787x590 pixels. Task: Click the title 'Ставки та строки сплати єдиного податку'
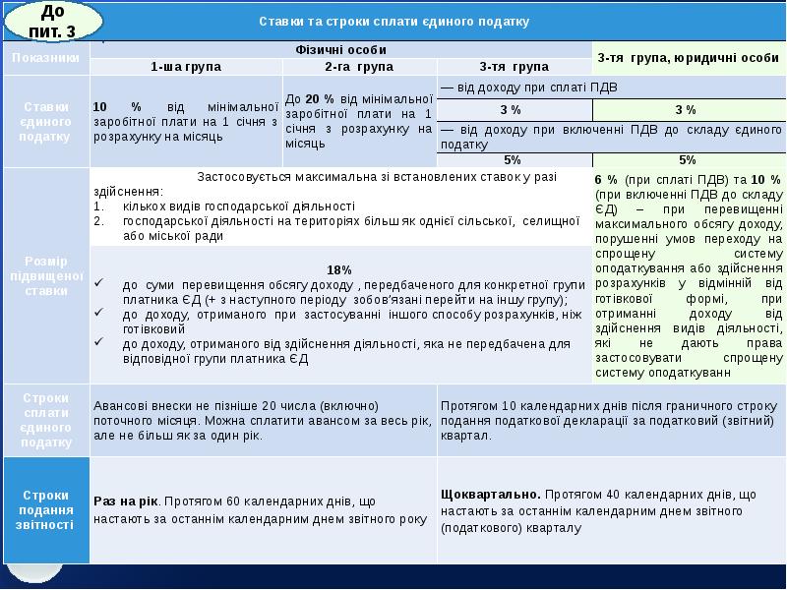[393, 21]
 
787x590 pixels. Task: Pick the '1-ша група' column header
[186, 67]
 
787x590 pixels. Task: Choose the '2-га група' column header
[358, 67]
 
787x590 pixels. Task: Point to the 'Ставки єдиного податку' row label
[45, 120]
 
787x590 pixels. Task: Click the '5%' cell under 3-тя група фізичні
[512, 159]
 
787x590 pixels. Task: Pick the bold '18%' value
[338, 269]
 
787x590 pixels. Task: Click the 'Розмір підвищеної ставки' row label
[45, 276]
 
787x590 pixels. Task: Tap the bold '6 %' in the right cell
[606, 180]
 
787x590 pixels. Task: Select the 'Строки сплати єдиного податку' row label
[45, 420]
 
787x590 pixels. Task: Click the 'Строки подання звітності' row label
[45, 509]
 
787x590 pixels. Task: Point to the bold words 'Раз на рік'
[125, 501]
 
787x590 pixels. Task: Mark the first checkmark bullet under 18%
[100, 285]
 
